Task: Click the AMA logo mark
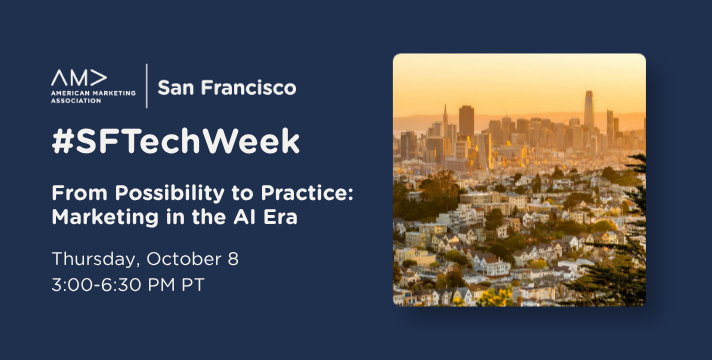(x=79, y=78)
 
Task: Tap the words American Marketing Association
(x=93, y=97)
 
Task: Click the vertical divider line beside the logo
(x=147, y=86)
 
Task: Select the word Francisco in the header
(x=248, y=87)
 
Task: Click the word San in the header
(x=176, y=87)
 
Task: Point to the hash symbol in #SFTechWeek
(x=63, y=141)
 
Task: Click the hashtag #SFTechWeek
(x=176, y=141)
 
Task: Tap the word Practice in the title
(x=307, y=194)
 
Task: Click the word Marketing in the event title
(x=105, y=217)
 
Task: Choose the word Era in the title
(x=280, y=217)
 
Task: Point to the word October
(x=185, y=259)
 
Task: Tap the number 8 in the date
(x=233, y=259)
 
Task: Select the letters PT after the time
(x=193, y=285)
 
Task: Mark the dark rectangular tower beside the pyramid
(x=466, y=121)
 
